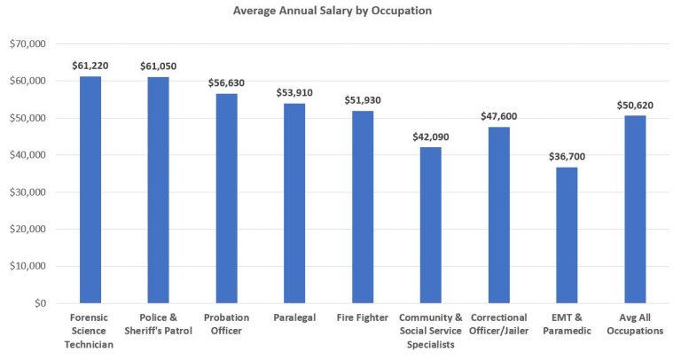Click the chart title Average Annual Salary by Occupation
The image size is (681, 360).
[x=341, y=12]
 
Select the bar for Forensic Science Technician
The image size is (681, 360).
[x=90, y=190]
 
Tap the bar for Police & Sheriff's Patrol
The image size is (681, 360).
[x=158, y=190]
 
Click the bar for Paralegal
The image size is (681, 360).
[x=294, y=203]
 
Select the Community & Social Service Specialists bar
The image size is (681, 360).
[x=431, y=225]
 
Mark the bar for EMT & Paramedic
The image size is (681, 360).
[x=567, y=235]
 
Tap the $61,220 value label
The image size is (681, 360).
[x=90, y=66]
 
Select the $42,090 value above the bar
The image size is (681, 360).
[x=431, y=137]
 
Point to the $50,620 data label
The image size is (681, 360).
[x=635, y=105]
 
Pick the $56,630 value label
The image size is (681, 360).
[x=226, y=82]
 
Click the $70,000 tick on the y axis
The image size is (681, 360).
[x=29, y=43]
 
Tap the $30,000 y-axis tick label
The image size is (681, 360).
[x=29, y=192]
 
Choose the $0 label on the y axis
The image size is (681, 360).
[x=39, y=303]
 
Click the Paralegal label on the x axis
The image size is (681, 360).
[x=294, y=317]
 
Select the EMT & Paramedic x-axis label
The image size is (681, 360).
[x=567, y=324]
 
